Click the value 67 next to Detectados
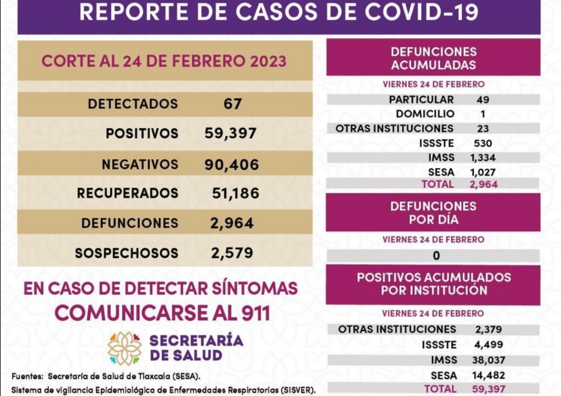[232, 104]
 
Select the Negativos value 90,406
[231, 165]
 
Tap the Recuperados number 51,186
[235, 194]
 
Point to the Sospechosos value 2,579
[232, 253]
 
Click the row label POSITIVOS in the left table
[142, 133]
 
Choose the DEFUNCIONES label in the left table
[129, 223]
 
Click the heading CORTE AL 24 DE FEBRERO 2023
[164, 61]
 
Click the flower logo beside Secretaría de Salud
[125, 348]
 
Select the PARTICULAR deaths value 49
[483, 100]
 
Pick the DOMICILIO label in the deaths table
[425, 114]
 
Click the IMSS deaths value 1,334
[483, 157]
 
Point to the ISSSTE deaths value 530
[483, 143]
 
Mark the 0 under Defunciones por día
[436, 255]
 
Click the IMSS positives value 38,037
[489, 360]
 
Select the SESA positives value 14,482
[489, 375]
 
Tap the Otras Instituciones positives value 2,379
[488, 329]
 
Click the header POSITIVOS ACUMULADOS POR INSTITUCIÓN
[434, 284]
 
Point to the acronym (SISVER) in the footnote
[296, 389]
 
